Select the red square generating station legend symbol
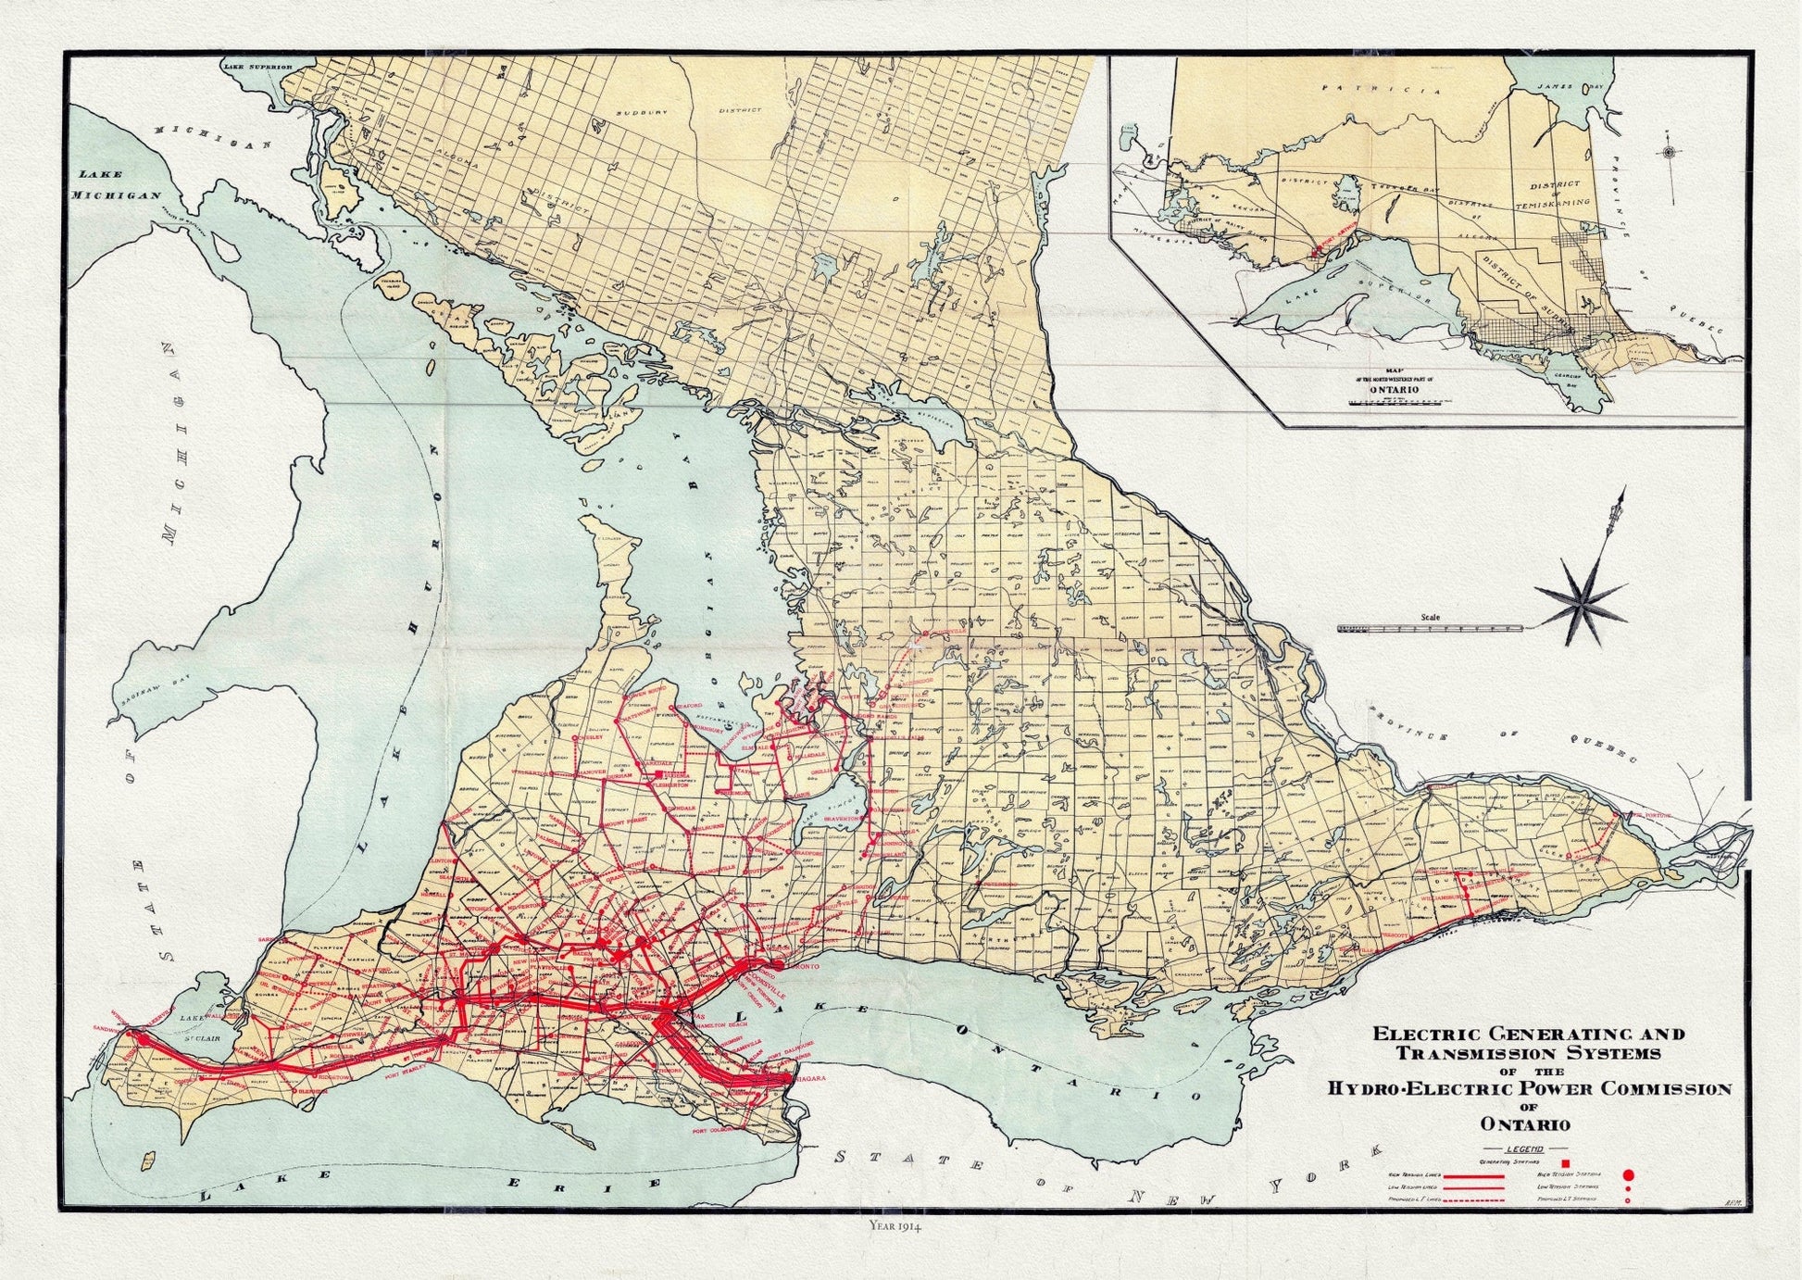pos(1565,1163)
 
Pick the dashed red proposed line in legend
pos(1472,1200)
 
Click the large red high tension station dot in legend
pos(1627,1174)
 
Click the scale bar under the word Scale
pos(1431,628)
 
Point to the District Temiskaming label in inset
pos(1559,193)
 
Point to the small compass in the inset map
pos(1668,153)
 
